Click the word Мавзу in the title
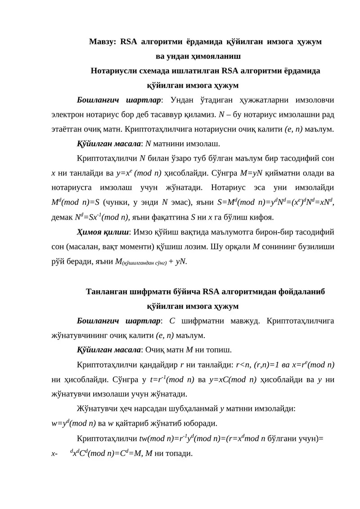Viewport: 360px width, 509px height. [101, 42]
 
